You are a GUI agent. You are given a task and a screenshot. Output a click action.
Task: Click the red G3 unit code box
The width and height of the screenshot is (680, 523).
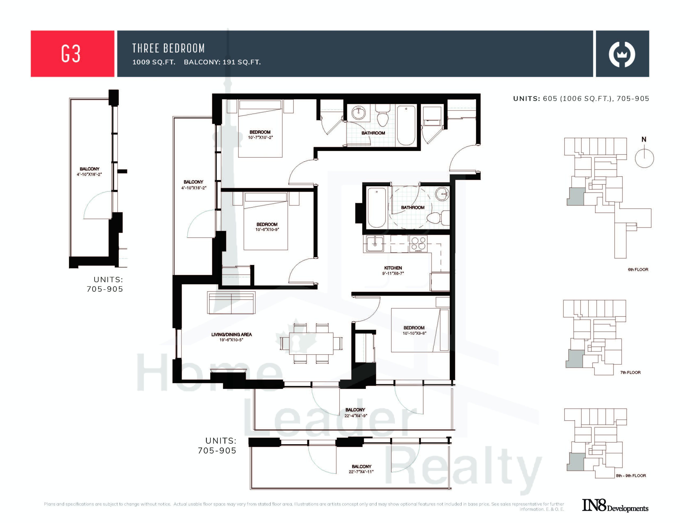(x=72, y=54)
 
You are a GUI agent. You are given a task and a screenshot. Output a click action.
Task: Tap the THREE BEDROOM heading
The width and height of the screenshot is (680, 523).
(x=168, y=48)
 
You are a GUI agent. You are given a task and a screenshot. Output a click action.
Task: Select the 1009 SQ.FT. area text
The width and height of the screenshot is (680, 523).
(x=154, y=62)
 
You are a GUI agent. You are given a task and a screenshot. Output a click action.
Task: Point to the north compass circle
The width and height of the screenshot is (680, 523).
(x=644, y=158)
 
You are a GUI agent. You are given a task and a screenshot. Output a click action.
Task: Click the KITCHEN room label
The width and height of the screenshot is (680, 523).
(x=393, y=268)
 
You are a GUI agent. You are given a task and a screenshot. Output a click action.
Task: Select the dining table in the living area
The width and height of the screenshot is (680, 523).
(x=311, y=343)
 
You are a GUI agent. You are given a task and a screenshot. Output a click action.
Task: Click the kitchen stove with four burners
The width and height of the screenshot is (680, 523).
(x=418, y=244)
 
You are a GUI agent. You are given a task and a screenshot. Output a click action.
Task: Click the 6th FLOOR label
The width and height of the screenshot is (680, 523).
(x=638, y=269)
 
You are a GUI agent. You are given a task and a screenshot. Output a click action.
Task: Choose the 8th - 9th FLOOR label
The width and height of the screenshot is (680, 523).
(x=631, y=476)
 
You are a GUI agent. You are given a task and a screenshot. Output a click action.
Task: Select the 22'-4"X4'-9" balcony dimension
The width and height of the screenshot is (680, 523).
(x=356, y=416)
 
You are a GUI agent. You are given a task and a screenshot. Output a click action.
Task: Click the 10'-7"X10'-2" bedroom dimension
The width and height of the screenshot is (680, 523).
(x=260, y=137)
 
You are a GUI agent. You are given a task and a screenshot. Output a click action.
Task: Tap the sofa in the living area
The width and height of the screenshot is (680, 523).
(x=231, y=303)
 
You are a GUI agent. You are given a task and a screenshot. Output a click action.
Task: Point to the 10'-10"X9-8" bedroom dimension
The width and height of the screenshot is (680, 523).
(x=414, y=333)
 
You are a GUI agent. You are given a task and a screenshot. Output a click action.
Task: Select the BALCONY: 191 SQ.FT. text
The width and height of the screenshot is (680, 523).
(x=222, y=62)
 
